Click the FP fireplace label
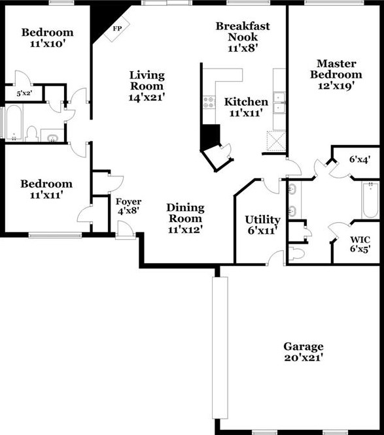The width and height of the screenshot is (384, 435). (x=117, y=28)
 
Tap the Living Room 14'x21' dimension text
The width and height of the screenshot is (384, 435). (x=147, y=97)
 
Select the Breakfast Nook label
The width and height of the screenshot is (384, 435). (x=243, y=31)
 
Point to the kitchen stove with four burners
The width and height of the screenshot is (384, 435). (x=209, y=102)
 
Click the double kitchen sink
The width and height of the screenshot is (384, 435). (x=279, y=103)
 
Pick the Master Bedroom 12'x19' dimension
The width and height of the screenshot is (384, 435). (x=336, y=86)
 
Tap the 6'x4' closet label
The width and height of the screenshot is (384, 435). (x=360, y=159)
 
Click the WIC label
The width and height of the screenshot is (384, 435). (x=360, y=239)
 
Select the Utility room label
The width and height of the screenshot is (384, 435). (x=262, y=219)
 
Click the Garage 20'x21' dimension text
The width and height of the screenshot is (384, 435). (x=304, y=357)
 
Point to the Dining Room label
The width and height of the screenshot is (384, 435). (x=185, y=213)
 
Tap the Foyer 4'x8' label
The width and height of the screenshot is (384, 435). (x=128, y=206)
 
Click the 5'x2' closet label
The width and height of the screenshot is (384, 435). (x=24, y=93)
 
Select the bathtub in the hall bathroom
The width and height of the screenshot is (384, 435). (x=14, y=123)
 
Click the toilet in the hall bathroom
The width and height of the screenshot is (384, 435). (x=31, y=134)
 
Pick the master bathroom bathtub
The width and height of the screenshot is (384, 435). (x=370, y=200)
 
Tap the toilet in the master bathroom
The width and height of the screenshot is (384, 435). (x=297, y=253)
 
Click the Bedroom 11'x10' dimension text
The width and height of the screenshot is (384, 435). (x=48, y=44)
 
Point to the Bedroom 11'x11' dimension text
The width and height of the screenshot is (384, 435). (x=46, y=195)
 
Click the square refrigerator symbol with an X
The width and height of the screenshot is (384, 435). (x=276, y=140)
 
